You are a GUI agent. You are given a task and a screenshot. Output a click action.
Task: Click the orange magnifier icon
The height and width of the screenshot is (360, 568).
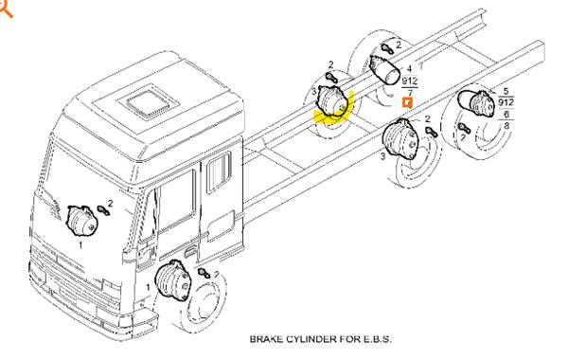pos(5,9)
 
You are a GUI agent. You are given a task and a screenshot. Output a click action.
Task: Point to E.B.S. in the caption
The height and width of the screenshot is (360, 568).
pos(378,339)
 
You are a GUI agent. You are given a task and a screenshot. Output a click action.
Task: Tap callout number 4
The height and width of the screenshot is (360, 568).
pos(409,68)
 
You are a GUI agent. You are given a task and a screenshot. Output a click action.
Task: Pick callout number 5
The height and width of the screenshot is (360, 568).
pos(506,92)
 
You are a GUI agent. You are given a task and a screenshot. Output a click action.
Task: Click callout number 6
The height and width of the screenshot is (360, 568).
pos(506,115)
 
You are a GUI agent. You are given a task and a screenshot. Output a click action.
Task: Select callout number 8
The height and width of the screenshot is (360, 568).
pos(506,125)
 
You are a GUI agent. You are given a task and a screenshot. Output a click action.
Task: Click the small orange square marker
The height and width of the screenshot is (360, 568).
pos(408,103)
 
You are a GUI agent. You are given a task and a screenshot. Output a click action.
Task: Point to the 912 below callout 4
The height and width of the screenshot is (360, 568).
pos(410,81)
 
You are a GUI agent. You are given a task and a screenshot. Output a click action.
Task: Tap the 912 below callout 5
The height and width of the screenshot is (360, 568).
pos(506,102)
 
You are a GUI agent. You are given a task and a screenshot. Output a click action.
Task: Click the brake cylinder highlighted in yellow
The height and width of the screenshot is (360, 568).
pos(331,101)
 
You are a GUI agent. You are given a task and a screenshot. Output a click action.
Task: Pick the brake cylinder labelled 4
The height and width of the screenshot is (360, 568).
pos(384,69)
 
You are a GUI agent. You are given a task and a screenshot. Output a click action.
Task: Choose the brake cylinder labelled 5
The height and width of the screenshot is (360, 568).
pos(476,102)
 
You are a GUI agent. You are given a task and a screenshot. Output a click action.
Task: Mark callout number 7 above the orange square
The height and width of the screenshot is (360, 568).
pos(410,93)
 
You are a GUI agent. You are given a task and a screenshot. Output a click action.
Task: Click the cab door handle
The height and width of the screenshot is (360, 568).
pos(190,251)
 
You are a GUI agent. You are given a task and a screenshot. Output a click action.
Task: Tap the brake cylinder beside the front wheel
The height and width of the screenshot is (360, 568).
pos(172,280)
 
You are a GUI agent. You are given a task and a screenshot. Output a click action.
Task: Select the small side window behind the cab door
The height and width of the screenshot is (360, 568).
pos(219,172)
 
